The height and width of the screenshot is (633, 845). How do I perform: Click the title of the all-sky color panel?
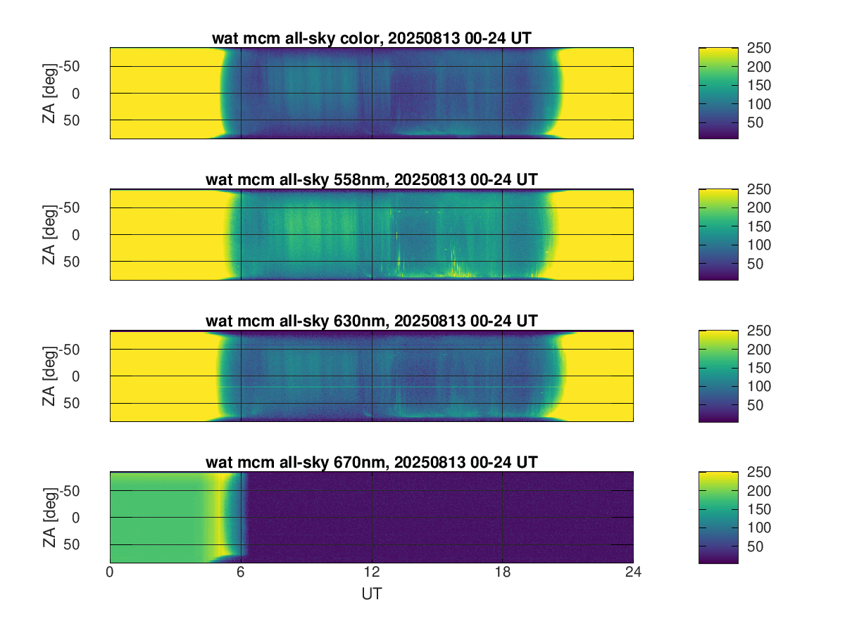[x=371, y=39]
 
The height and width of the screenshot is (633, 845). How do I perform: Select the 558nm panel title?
[x=371, y=180]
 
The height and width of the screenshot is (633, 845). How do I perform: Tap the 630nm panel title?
[x=371, y=321]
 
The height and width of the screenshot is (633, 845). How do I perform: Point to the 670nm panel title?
[x=371, y=462]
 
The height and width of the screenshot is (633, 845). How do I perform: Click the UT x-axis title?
[x=371, y=594]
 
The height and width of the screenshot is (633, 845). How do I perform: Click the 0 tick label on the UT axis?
[x=110, y=573]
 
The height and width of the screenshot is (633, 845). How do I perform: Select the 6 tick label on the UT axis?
[x=241, y=573]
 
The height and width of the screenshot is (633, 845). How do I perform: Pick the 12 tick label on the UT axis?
[x=372, y=573]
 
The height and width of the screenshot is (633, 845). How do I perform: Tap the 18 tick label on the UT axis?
[x=502, y=573]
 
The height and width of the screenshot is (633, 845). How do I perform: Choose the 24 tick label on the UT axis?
[x=633, y=573]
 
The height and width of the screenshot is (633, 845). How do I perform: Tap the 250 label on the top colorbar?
[x=759, y=48]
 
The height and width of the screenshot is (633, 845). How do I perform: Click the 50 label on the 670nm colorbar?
[x=756, y=547]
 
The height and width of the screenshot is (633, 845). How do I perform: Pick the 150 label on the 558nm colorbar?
[x=759, y=226]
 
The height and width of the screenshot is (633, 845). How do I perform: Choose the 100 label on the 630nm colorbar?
[x=759, y=386]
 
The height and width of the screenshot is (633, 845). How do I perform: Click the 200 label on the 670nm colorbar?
[x=759, y=491]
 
